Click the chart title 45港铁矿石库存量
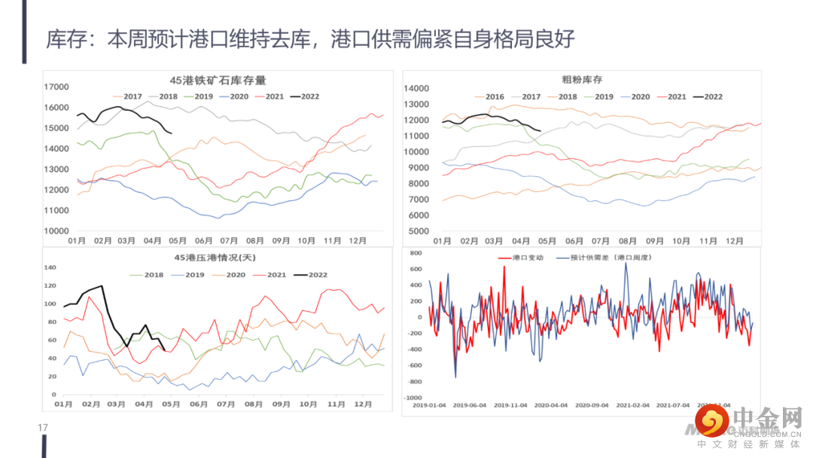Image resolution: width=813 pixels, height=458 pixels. click(218, 81)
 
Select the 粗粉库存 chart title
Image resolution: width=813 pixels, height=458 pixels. click(582, 79)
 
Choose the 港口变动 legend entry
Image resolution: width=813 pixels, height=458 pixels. click(521, 258)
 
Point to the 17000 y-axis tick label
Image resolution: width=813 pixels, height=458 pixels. click(56, 87)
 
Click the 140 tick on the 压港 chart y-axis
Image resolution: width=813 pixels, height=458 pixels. click(51, 267)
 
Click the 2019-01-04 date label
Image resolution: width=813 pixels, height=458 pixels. click(429, 405)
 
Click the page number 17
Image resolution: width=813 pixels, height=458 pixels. click(43, 428)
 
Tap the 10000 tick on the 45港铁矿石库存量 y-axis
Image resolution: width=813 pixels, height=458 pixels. click(56, 231)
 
